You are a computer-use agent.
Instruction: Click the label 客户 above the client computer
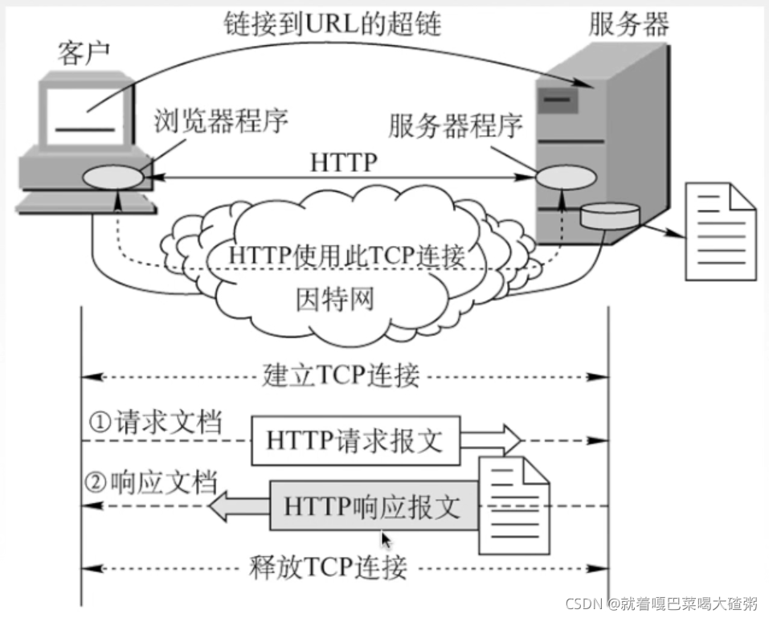click(x=84, y=53)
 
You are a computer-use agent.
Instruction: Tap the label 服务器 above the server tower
click(x=628, y=24)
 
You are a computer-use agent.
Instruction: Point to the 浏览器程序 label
click(x=220, y=121)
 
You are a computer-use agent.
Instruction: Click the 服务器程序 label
click(x=456, y=125)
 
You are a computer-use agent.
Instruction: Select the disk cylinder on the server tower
click(x=611, y=216)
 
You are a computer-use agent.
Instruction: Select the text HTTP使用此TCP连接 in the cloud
click(x=347, y=256)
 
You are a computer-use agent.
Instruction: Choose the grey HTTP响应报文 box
click(x=373, y=506)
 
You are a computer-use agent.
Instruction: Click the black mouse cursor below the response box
click(x=387, y=540)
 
